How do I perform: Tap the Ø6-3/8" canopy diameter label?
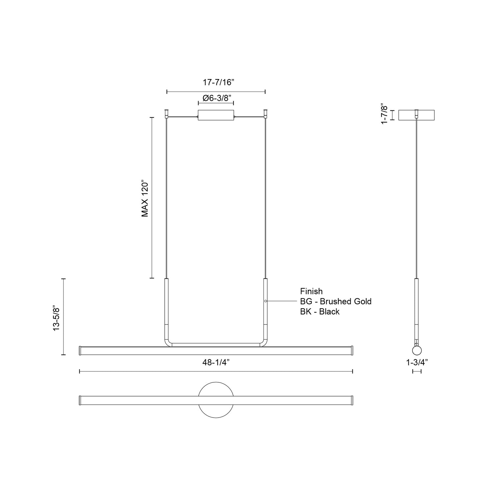click(x=216, y=98)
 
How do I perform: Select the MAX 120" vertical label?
click(x=145, y=198)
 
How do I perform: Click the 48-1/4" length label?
click(x=216, y=363)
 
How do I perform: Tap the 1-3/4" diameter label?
click(x=417, y=363)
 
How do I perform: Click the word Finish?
click(x=311, y=291)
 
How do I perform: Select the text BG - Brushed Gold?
click(x=336, y=301)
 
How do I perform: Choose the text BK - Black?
click(x=319, y=312)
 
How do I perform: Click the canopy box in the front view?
click(x=216, y=115)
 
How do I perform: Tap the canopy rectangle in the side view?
click(x=417, y=115)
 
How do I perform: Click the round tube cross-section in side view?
click(x=417, y=350)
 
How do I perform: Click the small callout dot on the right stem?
click(x=265, y=301)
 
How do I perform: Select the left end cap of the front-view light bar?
click(x=80, y=350)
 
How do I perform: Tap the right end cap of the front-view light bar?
click(x=352, y=350)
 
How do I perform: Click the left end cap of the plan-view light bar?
click(x=80, y=400)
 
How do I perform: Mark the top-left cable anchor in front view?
click(x=167, y=113)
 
